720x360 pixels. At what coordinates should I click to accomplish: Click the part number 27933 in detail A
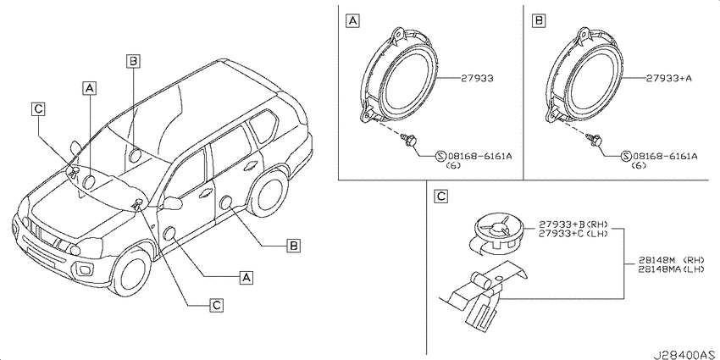(x=478, y=79)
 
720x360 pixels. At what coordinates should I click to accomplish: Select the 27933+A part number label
(x=669, y=79)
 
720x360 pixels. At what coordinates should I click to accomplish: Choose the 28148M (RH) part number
(x=671, y=260)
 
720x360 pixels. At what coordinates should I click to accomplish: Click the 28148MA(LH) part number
(x=671, y=269)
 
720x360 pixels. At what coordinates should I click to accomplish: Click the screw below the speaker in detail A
(x=408, y=140)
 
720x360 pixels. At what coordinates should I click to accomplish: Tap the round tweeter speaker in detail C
(x=498, y=232)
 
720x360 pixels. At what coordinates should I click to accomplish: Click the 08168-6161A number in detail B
(x=664, y=157)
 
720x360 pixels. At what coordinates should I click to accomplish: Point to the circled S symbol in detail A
(x=440, y=157)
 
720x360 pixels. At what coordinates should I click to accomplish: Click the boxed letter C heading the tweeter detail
(x=440, y=197)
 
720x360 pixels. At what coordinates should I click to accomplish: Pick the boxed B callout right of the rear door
(x=293, y=246)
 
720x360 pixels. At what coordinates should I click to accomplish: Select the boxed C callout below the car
(x=216, y=304)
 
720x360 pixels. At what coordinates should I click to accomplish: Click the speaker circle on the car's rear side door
(x=226, y=202)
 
